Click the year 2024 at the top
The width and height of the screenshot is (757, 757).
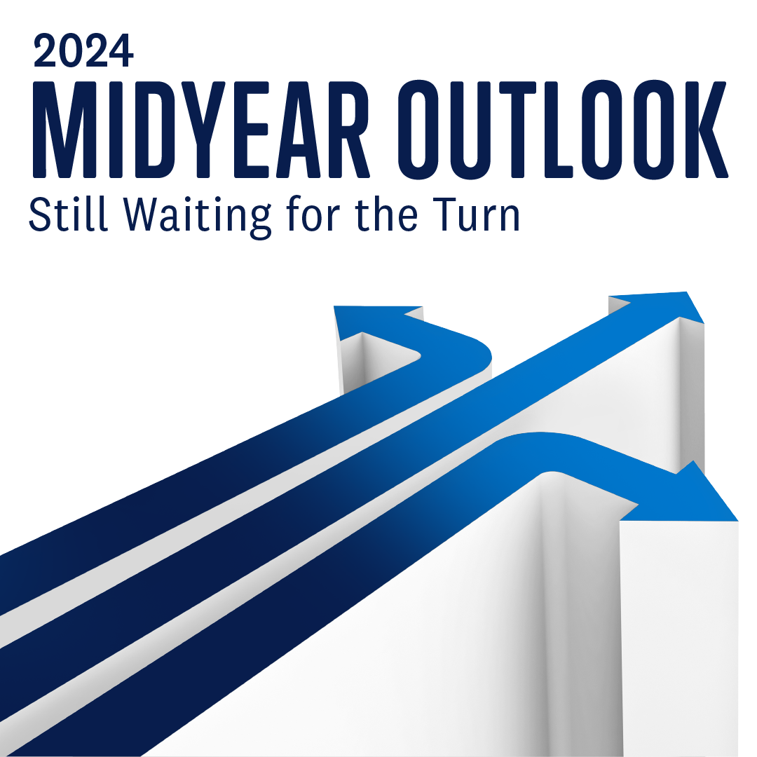[x=83, y=51]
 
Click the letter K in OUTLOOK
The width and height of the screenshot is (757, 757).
[x=714, y=129]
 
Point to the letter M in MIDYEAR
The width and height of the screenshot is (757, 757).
[x=64, y=129]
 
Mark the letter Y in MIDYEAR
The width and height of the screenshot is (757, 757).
[x=203, y=129]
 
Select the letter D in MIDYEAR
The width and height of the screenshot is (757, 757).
[x=155, y=129]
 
